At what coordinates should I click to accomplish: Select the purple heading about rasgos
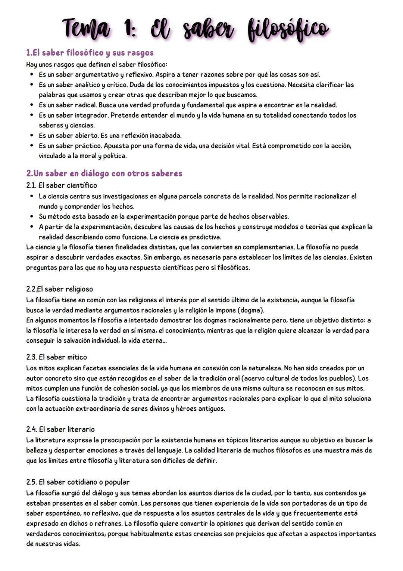tap(90, 52)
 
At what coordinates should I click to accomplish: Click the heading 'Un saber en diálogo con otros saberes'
tap(104, 173)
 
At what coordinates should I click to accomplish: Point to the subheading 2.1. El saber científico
tap(62, 185)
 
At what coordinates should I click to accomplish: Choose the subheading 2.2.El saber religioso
tap(59, 289)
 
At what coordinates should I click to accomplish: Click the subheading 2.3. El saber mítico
tap(56, 357)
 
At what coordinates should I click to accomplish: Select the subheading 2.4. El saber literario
tap(60, 429)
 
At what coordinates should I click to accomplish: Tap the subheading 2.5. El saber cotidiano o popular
tap(78, 482)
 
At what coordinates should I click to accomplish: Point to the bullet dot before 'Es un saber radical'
tap(32, 105)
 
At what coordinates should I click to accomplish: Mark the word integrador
tap(92, 115)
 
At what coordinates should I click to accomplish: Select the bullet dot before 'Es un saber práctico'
tap(32, 146)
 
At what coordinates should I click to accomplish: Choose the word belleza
tap(37, 450)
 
